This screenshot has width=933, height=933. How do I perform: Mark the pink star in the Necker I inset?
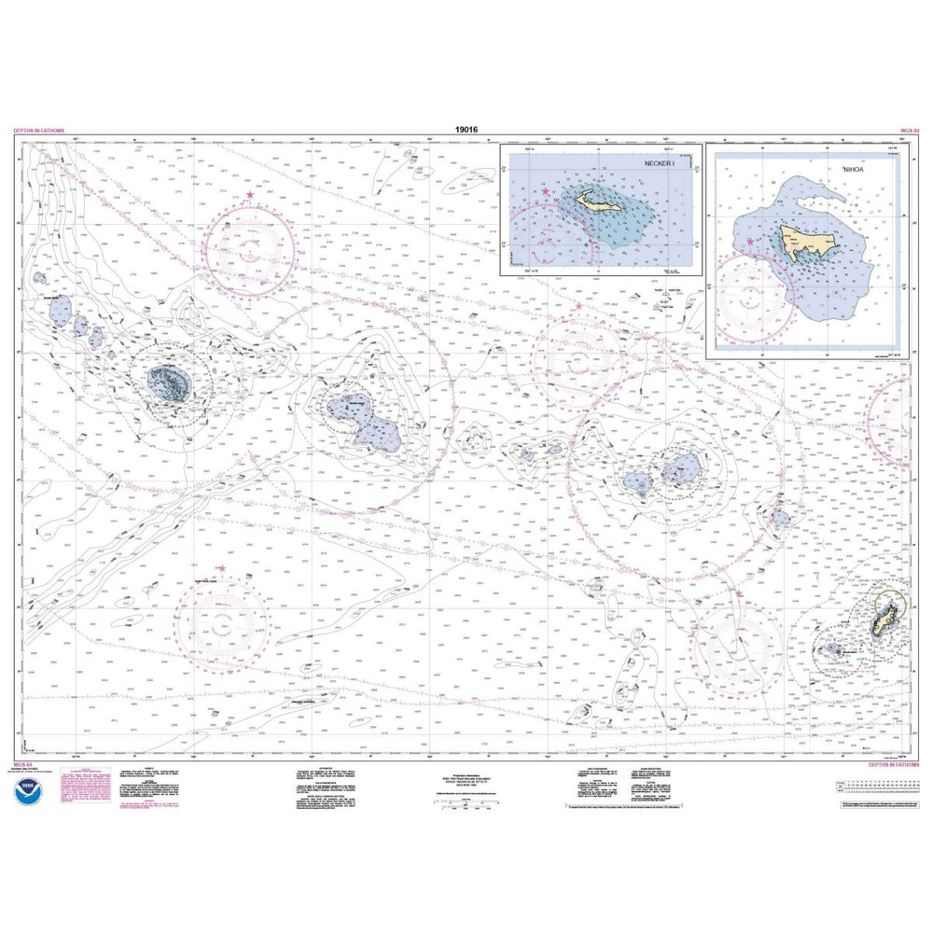point(545,192)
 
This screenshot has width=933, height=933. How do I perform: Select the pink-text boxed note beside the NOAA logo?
point(84,790)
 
